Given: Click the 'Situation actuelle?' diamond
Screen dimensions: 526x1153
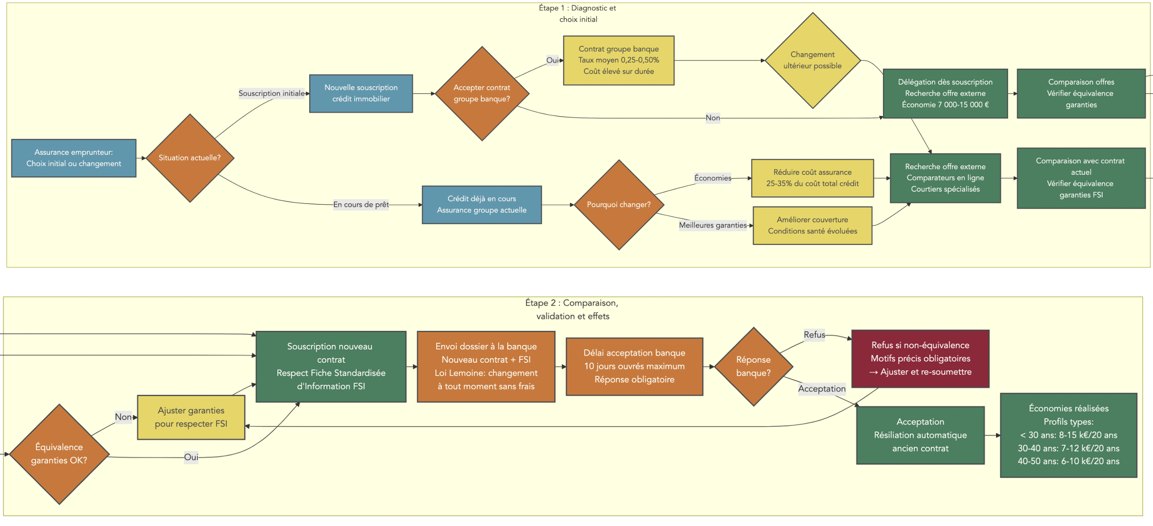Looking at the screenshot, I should coord(190,158).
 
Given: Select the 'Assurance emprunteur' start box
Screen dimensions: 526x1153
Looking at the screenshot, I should coord(74,158).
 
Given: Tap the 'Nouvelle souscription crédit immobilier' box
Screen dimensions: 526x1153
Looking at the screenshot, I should coord(361,93).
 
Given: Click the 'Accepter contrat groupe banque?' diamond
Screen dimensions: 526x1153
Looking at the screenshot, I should coord(482,93).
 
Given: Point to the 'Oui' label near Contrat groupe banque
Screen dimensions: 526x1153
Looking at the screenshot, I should coord(552,60).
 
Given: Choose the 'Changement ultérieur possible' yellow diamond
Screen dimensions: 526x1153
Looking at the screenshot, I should coord(812,60).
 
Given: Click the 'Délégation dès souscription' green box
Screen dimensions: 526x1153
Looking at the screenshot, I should coord(945,93).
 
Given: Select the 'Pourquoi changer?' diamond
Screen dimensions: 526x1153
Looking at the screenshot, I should coord(618,205).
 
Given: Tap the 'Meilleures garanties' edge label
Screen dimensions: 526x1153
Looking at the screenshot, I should coord(713,225).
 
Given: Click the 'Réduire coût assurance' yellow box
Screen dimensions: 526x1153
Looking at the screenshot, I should coord(812,178).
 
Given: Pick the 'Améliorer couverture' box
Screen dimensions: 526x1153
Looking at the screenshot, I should coord(812,225).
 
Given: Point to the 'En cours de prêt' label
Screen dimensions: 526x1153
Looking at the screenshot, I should coord(361,205).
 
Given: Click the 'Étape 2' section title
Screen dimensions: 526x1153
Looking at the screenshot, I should coord(572,309).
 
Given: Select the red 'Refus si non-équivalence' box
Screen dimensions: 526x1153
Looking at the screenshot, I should coord(920,358).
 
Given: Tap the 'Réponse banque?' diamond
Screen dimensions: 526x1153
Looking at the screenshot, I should coord(753,366).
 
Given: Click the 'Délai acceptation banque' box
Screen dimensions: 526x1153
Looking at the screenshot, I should coord(634,366).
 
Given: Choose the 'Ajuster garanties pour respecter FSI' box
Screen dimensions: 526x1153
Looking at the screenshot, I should coord(191,417).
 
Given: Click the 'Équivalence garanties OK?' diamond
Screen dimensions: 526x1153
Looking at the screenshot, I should coord(59,453).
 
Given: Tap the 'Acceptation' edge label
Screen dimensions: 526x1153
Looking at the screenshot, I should coord(821,389).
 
